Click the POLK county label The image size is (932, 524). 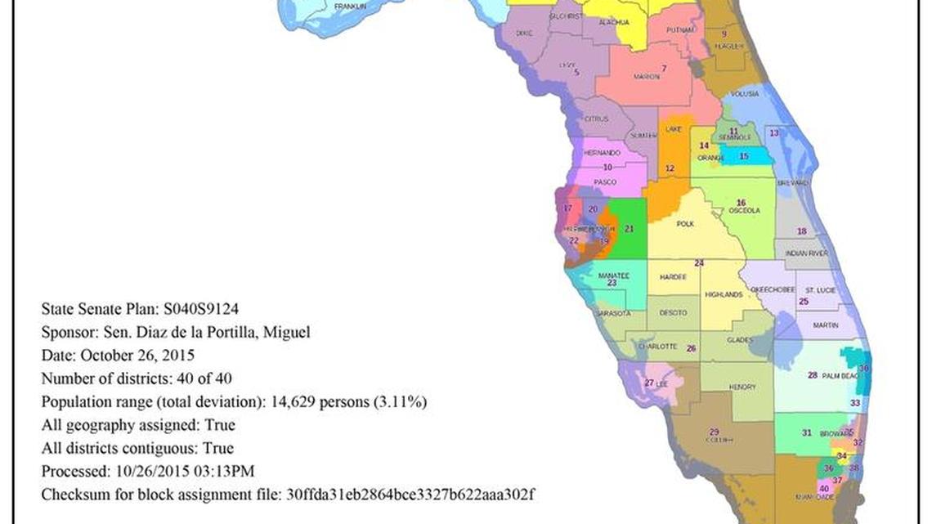pos(685,223)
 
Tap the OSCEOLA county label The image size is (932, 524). pos(744,211)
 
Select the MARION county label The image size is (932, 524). pos(646,77)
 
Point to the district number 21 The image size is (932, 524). pos(629,230)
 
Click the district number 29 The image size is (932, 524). pos(714,432)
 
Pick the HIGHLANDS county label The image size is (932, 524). pos(723,294)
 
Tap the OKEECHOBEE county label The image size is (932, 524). pos(768,290)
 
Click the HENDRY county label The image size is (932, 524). pos(742,387)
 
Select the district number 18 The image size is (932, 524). pos(801,231)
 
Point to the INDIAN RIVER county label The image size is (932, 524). pos(806,254)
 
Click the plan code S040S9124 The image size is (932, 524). pos(201,308)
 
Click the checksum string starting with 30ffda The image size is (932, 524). pos(409,495)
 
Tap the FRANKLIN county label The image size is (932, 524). pos(350,7)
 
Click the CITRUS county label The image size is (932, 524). pos(596,119)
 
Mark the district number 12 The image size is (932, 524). pos(670,168)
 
